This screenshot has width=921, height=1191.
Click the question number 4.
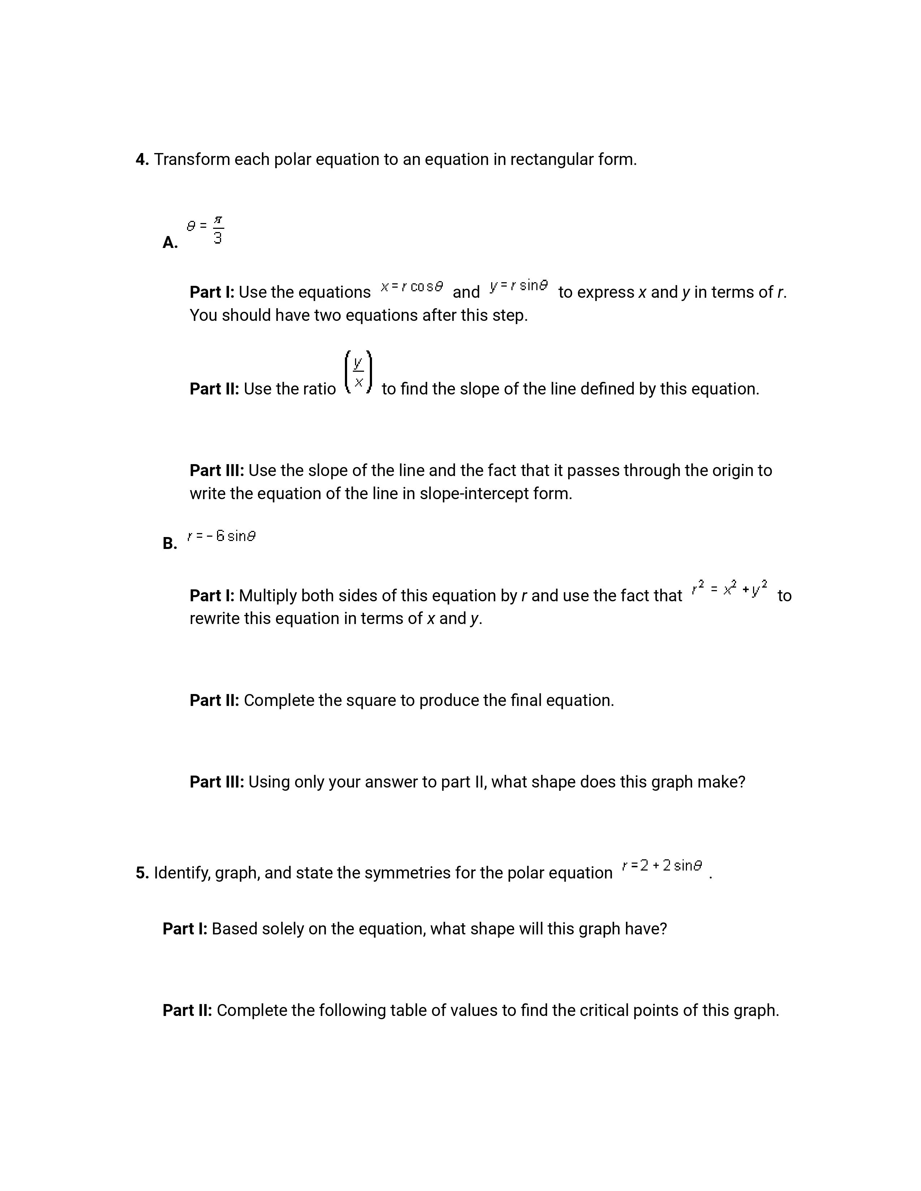coord(142,160)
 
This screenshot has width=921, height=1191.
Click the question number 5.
coord(142,873)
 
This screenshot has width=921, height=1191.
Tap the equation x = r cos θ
coord(412,286)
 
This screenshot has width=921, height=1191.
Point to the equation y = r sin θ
coord(518,285)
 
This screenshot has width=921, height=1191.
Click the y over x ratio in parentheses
coord(359,373)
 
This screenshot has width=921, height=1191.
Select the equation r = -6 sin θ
coord(221,536)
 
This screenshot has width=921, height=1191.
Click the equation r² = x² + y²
coord(730,588)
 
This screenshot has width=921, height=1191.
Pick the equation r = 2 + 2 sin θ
coord(662,866)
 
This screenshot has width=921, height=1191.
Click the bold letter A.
coord(170,243)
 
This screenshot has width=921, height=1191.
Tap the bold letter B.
coord(170,544)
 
